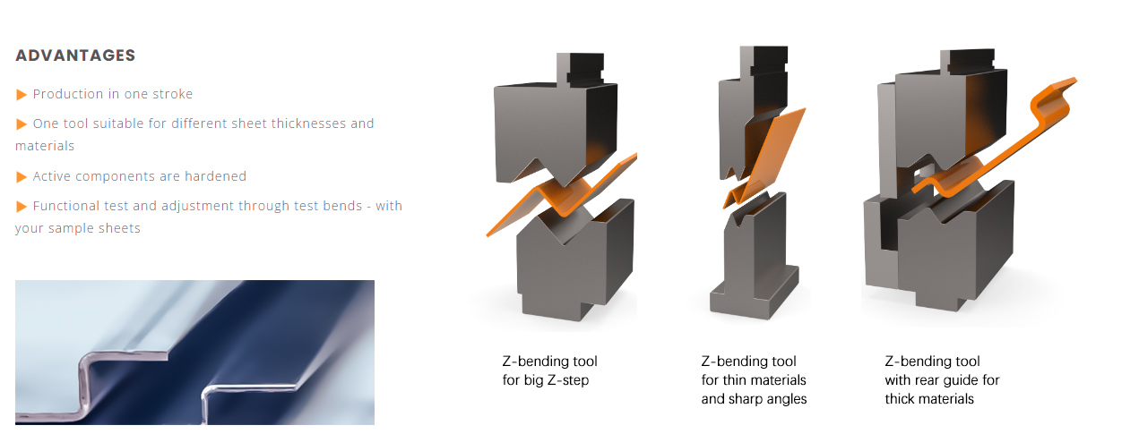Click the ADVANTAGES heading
coord(75,55)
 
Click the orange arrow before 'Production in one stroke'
coord(22,94)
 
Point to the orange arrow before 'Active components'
coord(22,176)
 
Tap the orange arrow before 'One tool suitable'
coord(22,123)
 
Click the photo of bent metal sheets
coord(194,353)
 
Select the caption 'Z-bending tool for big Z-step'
coord(549,371)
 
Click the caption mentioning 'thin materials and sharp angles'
coord(754,380)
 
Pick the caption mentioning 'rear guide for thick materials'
coord(942,380)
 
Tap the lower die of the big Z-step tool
coord(574,260)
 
